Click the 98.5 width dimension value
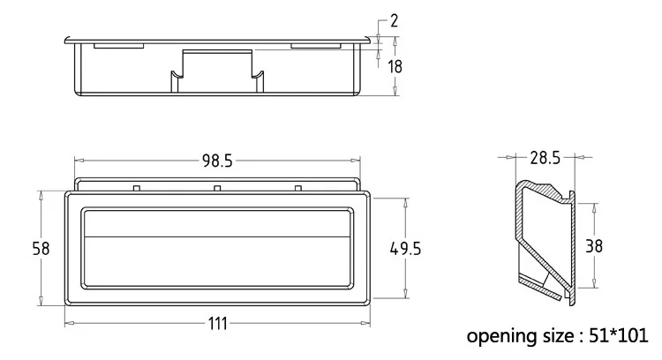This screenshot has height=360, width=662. click(217, 161)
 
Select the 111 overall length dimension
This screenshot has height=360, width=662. click(217, 324)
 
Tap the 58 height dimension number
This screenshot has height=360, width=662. click(41, 249)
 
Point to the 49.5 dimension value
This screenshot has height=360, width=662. click(405, 249)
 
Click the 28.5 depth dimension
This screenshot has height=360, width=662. click(545, 158)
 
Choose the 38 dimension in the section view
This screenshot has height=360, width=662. click(594, 245)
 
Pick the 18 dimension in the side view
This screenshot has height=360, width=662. click(395, 67)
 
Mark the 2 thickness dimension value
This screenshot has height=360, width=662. click(394, 20)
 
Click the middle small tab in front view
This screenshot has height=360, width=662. click(217, 188)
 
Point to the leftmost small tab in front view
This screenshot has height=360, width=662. click(136, 188)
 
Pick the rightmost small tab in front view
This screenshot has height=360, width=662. click(298, 188)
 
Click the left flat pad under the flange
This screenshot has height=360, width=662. click(118, 46)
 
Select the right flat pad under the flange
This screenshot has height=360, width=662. click(315, 46)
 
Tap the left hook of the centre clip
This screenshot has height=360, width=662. click(176, 81)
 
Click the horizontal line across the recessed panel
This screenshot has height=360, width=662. click(217, 236)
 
